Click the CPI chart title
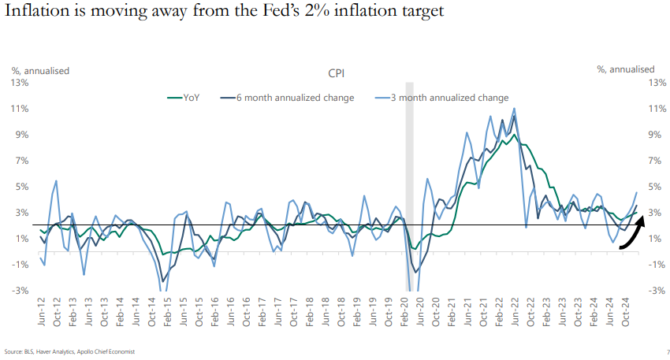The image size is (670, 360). click(337, 73)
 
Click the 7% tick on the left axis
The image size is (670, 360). click(22, 161)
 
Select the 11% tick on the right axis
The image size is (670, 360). click(656, 109)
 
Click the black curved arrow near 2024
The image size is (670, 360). click(631, 236)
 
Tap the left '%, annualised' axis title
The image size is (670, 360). click(40, 70)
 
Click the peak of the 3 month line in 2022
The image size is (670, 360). click(514, 109)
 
